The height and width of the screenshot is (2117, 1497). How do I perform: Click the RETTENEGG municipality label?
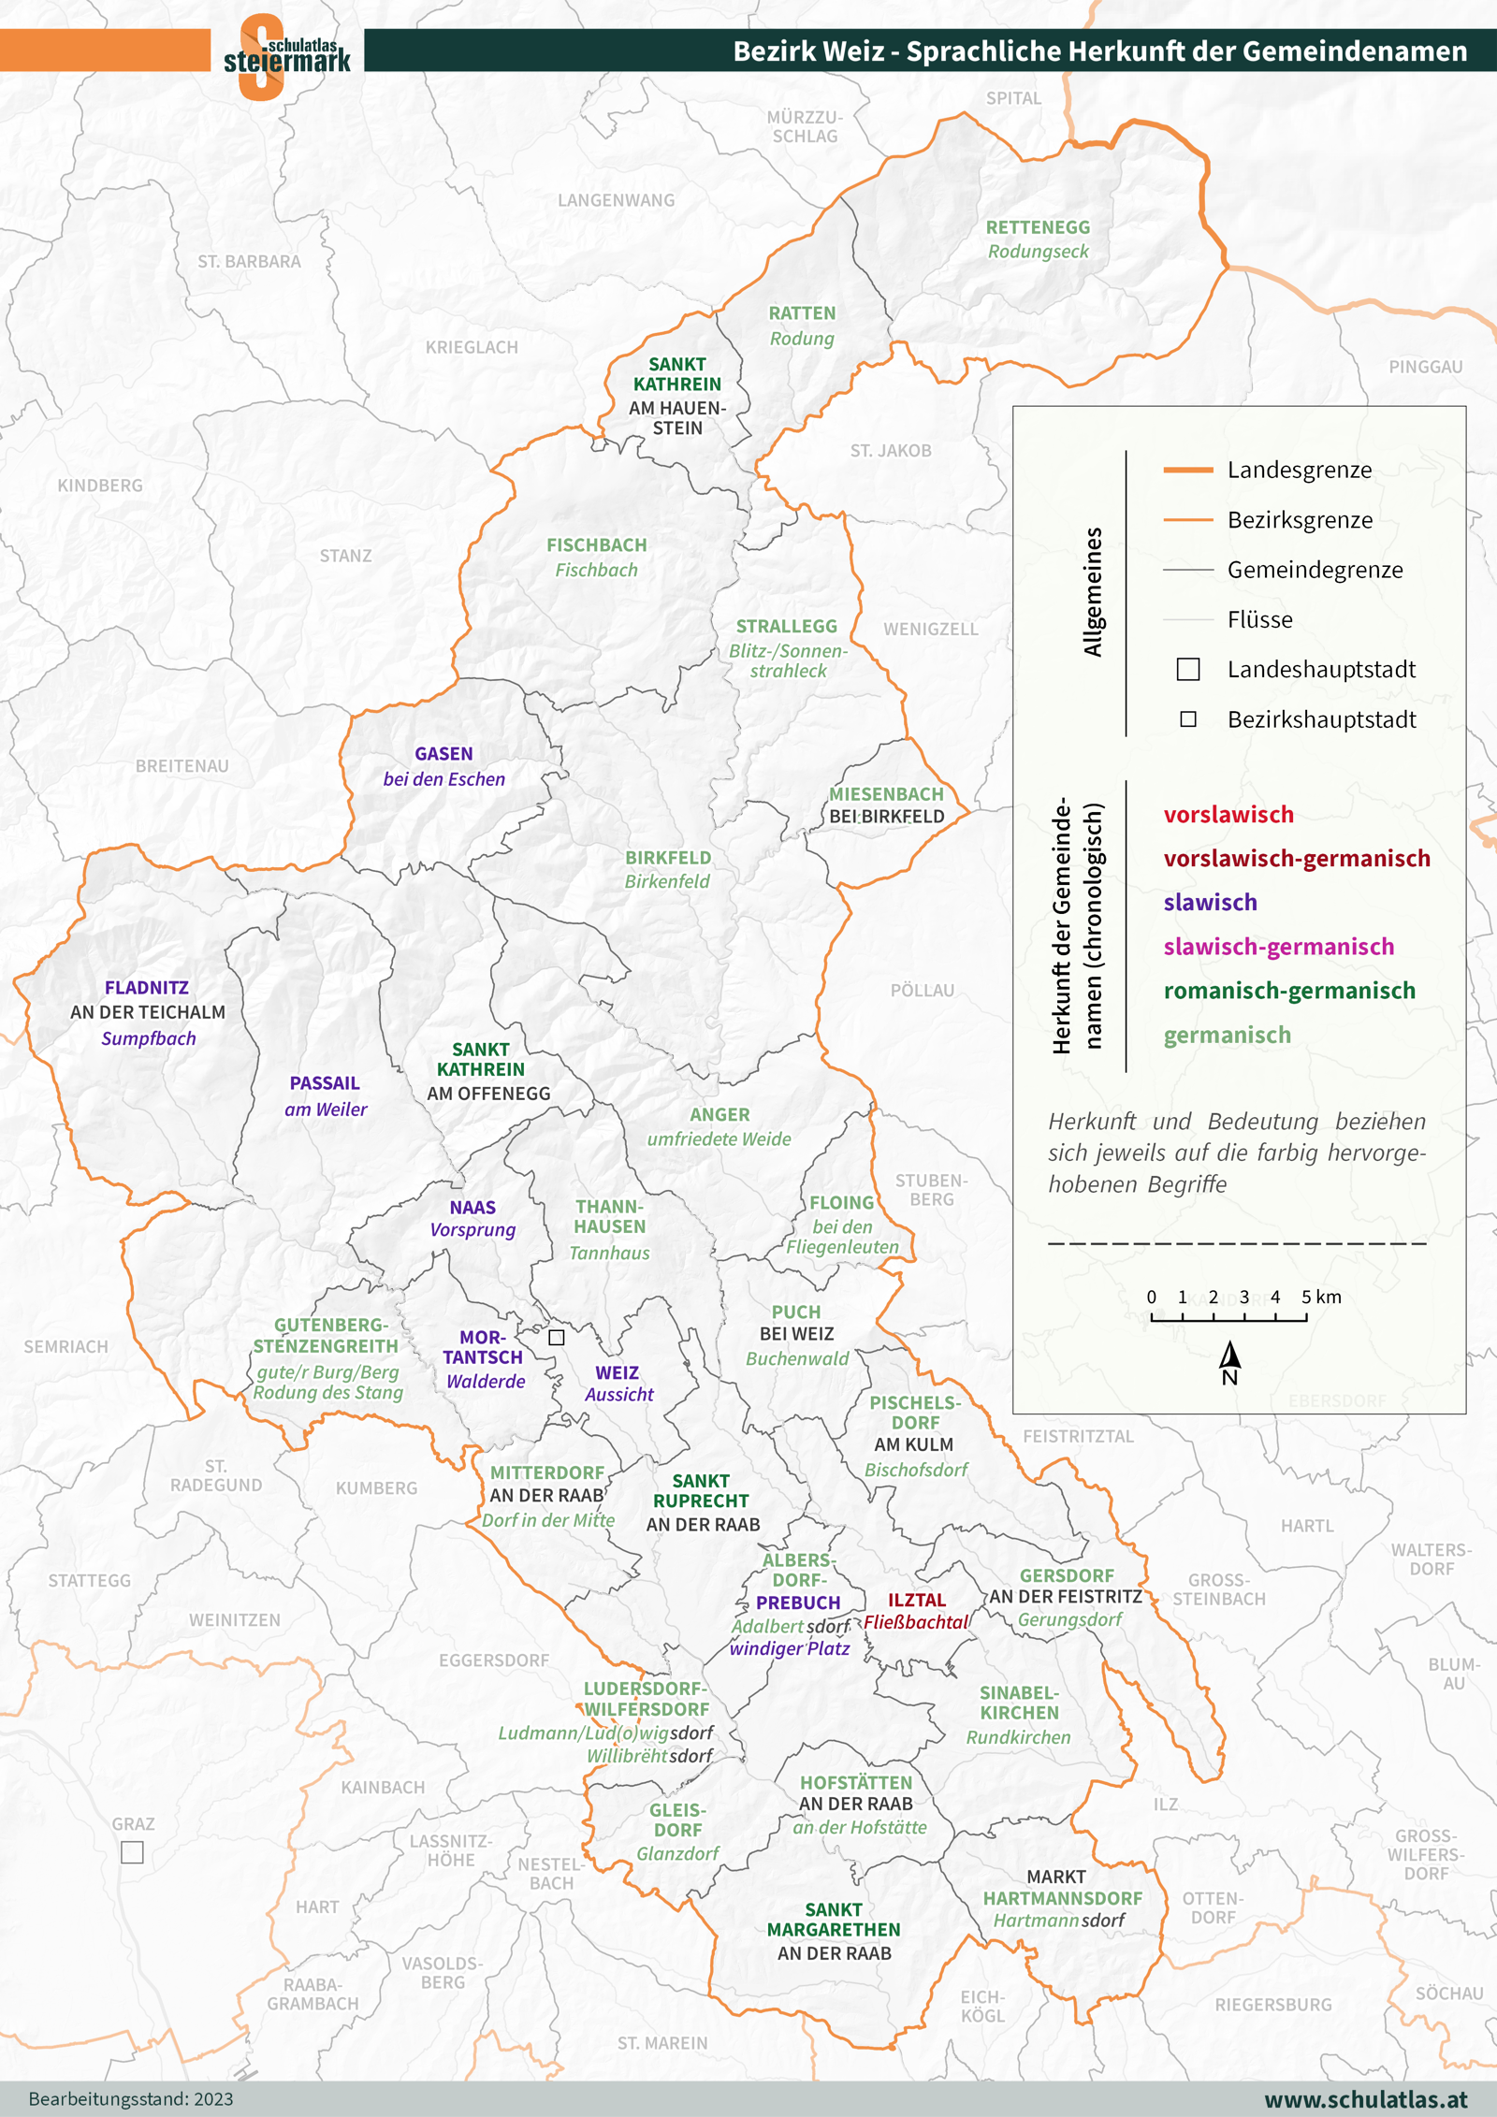pos(1038,227)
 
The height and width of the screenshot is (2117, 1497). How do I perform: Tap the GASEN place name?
pos(443,754)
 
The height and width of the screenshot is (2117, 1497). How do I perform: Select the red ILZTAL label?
pos(917,1601)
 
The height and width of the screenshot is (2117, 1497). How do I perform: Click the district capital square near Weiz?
pos(557,1338)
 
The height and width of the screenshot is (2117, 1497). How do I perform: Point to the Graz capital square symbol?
pos(133,1852)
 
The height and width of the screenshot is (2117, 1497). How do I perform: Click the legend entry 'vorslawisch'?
pos(1228,815)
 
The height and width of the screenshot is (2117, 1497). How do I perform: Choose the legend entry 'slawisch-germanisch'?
pos(1278,947)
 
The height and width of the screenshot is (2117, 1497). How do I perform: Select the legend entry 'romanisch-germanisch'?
pos(1288,991)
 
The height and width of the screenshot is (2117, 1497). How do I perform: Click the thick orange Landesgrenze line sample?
pos(1187,470)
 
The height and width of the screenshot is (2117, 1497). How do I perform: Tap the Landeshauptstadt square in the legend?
pos(1188,669)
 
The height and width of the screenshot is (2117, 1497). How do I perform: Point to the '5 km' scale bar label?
pos(1321,1297)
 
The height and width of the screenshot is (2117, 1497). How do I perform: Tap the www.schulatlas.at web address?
pos(1365,2099)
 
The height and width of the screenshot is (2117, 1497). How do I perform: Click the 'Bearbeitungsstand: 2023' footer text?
pos(131,2099)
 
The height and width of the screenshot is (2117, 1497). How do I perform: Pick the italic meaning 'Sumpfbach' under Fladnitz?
pos(149,1038)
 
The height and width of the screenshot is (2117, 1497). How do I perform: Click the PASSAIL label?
pos(325,1083)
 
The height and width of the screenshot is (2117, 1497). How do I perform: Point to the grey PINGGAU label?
pos(1425,367)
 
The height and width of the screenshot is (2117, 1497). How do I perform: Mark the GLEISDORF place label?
pos(677,1820)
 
